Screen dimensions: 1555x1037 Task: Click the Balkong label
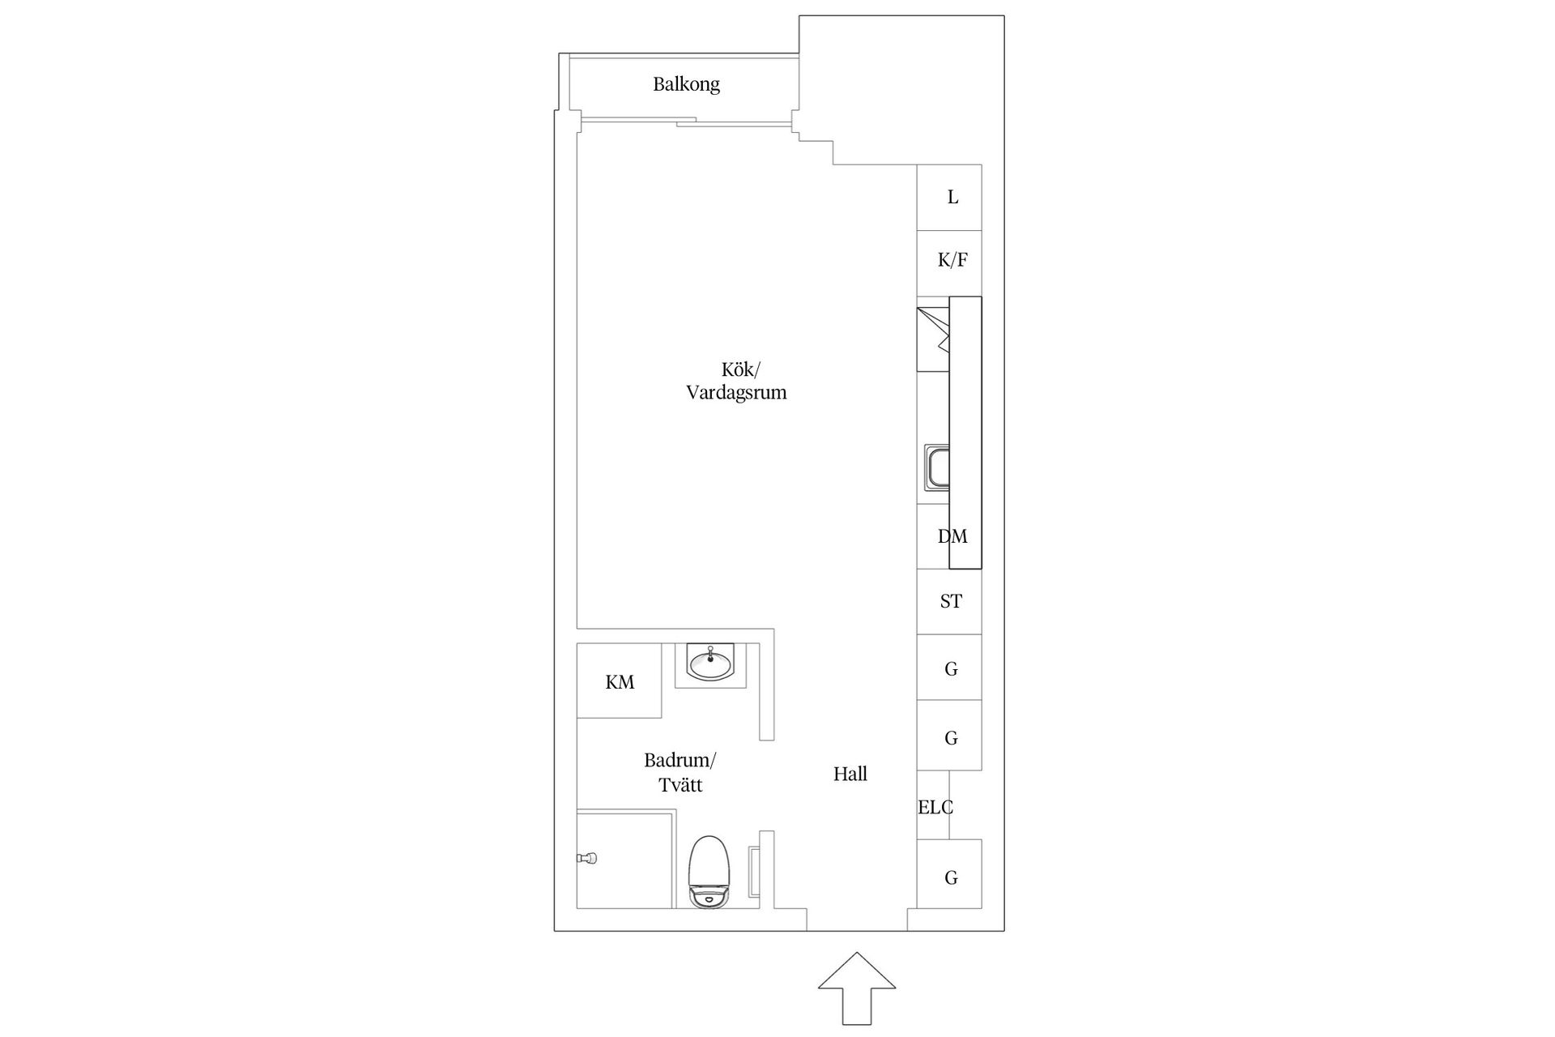(686, 84)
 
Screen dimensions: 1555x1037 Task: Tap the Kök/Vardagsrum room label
(736, 382)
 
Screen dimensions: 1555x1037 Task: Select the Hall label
(850, 774)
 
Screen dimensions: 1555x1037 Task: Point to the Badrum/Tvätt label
(680, 773)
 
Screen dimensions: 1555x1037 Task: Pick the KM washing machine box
(620, 681)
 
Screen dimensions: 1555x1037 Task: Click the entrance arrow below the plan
(857, 988)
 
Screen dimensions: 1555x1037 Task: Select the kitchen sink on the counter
(937, 467)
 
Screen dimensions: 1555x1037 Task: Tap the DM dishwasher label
(952, 536)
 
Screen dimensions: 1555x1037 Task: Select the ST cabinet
(949, 601)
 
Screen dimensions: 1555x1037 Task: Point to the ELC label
(935, 807)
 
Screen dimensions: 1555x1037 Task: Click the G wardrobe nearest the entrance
(949, 873)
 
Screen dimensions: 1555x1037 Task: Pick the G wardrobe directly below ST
(949, 667)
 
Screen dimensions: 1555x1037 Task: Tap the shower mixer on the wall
(587, 857)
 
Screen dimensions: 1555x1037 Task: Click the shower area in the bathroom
(625, 859)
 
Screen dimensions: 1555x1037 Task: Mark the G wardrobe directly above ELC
(949, 735)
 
